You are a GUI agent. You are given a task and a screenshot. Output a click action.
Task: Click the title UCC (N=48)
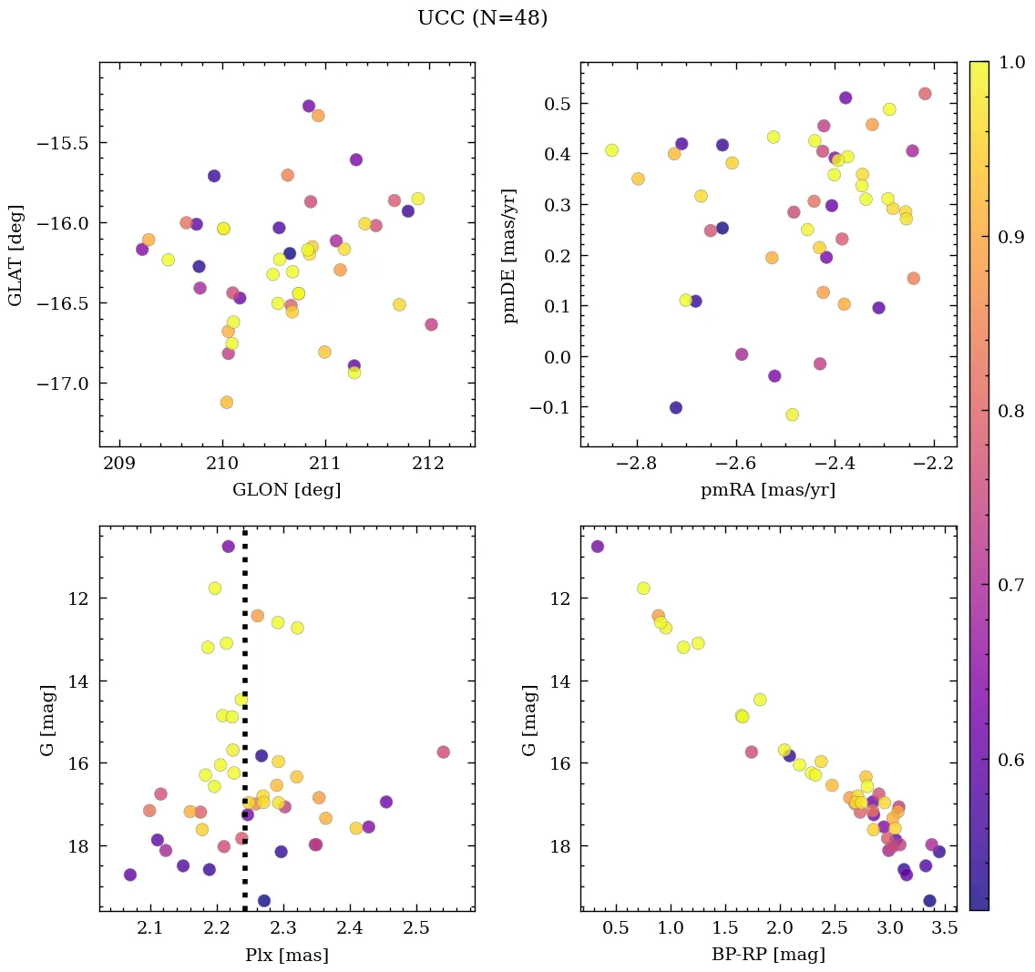(x=482, y=18)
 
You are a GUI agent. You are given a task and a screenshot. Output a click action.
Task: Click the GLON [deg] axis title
(x=286, y=490)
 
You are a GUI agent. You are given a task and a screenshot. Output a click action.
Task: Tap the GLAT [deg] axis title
(x=15, y=254)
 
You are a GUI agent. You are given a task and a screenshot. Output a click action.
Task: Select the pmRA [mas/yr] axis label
(x=767, y=490)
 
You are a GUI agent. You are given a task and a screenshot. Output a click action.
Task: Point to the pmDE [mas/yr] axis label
(x=510, y=255)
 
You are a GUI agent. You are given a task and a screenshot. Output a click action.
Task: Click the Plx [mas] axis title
(x=286, y=956)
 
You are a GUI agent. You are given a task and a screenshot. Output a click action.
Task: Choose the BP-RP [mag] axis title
(x=768, y=955)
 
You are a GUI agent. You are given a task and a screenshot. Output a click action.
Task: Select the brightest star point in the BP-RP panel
(x=597, y=547)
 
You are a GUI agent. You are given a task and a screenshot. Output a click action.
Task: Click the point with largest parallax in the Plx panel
(x=443, y=752)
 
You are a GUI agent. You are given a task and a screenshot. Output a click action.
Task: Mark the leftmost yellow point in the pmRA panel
(x=611, y=150)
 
